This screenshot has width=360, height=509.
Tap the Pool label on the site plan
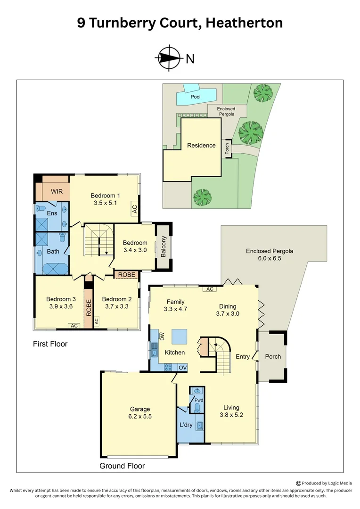pos(196,97)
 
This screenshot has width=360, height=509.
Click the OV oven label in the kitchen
pos(182,367)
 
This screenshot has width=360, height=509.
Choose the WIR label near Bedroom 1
pos(57,192)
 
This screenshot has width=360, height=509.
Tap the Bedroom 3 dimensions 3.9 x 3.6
pos(61,306)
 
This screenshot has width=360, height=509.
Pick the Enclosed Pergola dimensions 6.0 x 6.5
pos(270,258)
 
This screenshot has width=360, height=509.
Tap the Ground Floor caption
pos(122,466)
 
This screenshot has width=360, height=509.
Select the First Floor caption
pos(50,344)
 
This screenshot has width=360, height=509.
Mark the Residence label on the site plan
pos(201,146)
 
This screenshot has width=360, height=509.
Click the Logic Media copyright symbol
pos(298,483)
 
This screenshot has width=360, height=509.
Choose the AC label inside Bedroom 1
pos(134,208)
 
